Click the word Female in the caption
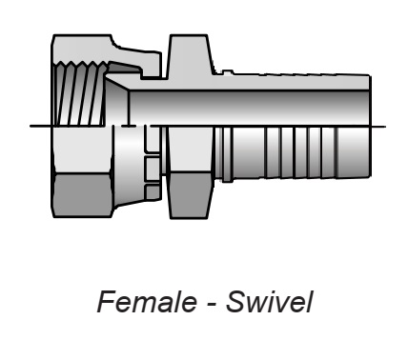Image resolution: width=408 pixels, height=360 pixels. click(147, 301)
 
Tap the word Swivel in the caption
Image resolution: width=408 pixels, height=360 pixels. click(270, 301)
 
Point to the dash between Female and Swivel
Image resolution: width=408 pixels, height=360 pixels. click(211, 305)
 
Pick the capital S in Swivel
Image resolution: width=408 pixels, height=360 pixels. click(236, 301)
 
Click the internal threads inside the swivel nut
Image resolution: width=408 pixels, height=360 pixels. click(79, 94)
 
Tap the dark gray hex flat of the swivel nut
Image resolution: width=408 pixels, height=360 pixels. click(83, 194)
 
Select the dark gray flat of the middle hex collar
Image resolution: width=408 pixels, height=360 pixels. click(190, 195)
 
